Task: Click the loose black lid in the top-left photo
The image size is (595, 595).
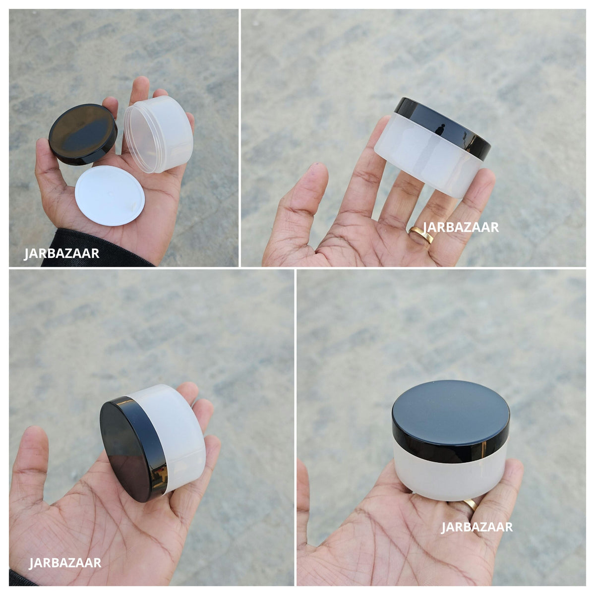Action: click(83, 134)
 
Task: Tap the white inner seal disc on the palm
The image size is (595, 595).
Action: click(110, 195)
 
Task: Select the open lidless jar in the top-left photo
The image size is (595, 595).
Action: click(158, 133)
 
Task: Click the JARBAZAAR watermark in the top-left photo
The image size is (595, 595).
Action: click(61, 253)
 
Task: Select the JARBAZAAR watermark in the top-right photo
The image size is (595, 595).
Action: click(461, 227)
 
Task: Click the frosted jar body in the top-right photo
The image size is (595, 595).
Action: click(427, 158)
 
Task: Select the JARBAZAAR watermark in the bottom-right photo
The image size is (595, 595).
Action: click(476, 527)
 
